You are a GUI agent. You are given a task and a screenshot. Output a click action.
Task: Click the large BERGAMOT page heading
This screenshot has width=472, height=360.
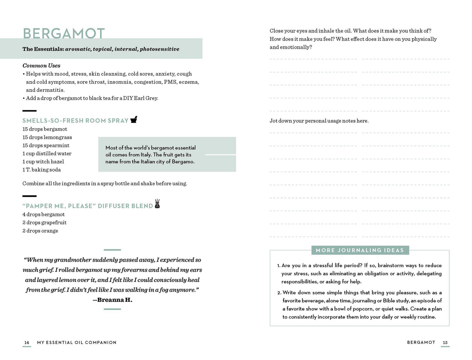click(x=64, y=34)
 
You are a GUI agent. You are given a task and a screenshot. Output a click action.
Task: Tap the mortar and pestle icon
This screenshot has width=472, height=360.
click(x=134, y=120)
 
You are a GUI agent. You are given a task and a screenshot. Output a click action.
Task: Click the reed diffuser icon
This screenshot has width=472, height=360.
click(x=157, y=204)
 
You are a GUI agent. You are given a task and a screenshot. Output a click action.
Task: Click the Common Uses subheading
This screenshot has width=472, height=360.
click(x=41, y=65)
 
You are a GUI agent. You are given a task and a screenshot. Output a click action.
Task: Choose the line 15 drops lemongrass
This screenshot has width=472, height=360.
click(x=47, y=137)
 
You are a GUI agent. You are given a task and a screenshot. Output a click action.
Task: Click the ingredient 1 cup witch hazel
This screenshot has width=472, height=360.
click(x=43, y=162)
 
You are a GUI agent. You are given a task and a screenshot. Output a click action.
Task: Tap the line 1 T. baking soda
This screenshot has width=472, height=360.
click(x=41, y=170)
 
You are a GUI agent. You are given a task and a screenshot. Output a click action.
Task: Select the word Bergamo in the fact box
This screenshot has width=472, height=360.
click(x=183, y=162)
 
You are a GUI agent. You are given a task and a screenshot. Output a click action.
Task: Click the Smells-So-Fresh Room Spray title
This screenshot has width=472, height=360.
click(x=75, y=121)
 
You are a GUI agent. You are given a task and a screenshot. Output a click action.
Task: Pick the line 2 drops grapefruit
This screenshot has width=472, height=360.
click(x=44, y=223)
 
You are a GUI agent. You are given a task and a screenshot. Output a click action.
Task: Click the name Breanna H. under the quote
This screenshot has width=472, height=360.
click(x=115, y=300)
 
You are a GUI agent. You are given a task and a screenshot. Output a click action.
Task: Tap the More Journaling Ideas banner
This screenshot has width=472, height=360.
click(x=360, y=250)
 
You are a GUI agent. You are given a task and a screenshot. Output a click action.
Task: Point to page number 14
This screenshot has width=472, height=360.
click(x=27, y=343)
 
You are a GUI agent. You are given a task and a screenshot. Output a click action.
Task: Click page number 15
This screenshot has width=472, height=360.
click(x=445, y=343)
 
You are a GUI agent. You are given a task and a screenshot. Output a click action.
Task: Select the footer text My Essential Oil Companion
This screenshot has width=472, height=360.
click(x=77, y=343)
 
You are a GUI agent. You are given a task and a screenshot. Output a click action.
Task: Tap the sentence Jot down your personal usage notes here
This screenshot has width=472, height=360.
click(x=319, y=121)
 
